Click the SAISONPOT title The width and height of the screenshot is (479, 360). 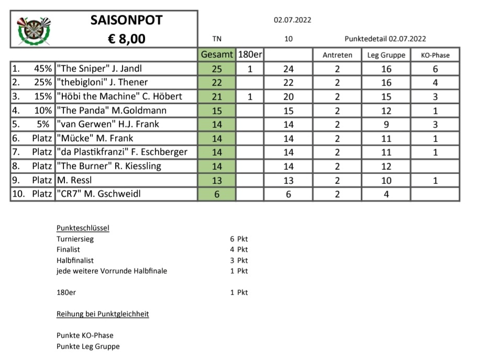pyautogui.click(x=126, y=20)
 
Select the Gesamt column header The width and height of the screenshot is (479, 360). pyautogui.click(x=217, y=54)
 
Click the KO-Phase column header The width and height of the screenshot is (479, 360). pyautogui.click(x=435, y=55)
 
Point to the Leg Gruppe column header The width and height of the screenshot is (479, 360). pyautogui.click(x=386, y=55)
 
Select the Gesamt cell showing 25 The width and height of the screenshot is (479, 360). pyautogui.click(x=217, y=69)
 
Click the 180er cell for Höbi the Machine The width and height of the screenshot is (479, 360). pyautogui.click(x=250, y=96)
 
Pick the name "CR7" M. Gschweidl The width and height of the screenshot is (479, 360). pyautogui.click(x=99, y=194)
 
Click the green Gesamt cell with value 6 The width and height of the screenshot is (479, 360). pyautogui.click(x=217, y=194)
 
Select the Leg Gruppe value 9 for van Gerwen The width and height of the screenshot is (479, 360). pyautogui.click(x=386, y=125)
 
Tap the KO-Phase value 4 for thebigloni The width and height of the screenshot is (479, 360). pyautogui.click(x=435, y=83)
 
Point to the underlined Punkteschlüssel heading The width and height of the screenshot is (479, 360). pyautogui.click(x=83, y=228)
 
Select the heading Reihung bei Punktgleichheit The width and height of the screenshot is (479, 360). pyautogui.click(x=103, y=314)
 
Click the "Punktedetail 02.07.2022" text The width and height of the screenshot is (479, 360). pyautogui.click(x=385, y=39)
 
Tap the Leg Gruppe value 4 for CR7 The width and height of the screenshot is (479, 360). pyautogui.click(x=386, y=194)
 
